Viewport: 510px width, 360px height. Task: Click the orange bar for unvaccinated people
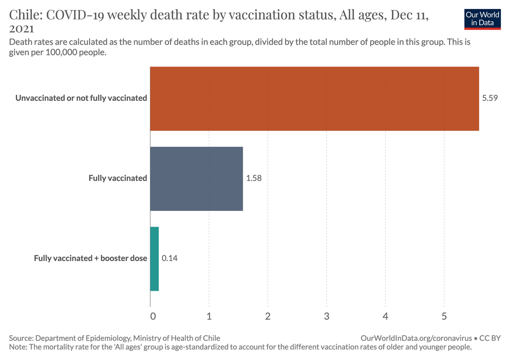click(x=314, y=99)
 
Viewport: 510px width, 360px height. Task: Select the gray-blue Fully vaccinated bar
click(x=196, y=179)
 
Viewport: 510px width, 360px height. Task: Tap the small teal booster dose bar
click(x=154, y=258)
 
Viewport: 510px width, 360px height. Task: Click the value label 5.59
click(x=489, y=99)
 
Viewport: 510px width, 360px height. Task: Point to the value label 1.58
click(x=254, y=179)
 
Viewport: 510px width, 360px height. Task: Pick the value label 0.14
click(x=170, y=258)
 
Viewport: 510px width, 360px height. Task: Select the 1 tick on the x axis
click(x=209, y=317)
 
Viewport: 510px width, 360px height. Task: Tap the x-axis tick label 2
click(x=268, y=317)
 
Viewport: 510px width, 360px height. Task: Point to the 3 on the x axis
click(x=326, y=317)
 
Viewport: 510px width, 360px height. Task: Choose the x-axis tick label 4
click(x=385, y=317)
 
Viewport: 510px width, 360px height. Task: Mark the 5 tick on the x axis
click(x=444, y=317)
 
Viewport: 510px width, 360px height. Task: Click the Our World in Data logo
click(x=482, y=18)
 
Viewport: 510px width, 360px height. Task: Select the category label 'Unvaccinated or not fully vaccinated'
click(x=81, y=98)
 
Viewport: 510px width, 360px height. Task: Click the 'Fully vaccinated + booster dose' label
click(x=91, y=258)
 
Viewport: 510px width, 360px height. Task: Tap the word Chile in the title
click(x=23, y=16)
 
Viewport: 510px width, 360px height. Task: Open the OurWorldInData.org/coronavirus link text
click(x=416, y=338)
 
